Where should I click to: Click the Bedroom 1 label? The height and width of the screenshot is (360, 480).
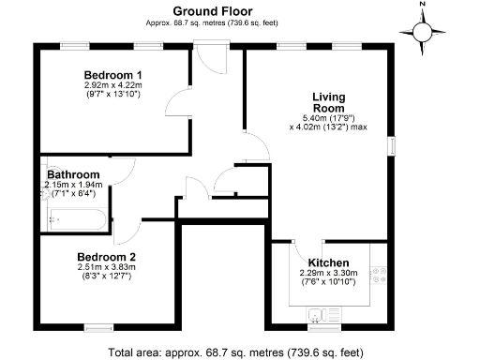112,75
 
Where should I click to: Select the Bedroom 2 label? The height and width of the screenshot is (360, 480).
107,256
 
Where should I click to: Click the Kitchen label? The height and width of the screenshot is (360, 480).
328,262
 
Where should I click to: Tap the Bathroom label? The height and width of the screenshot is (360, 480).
73,174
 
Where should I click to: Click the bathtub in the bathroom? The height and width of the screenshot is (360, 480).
77,221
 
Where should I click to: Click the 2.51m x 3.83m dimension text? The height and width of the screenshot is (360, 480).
107,266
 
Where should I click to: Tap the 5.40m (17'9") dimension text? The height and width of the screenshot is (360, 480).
334,118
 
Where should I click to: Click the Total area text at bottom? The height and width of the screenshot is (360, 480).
234,352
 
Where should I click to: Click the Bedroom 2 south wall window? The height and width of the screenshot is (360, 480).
97,326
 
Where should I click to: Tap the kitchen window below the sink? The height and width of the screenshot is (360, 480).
325,326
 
